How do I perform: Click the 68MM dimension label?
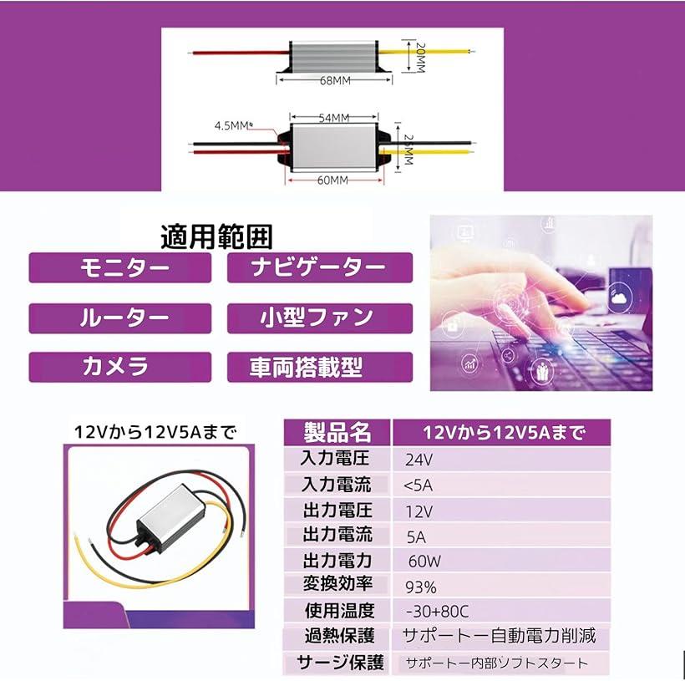point(335,81)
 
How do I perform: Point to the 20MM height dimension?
point(420,58)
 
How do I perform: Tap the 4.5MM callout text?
point(231,126)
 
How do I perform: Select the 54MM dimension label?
point(334,118)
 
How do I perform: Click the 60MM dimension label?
point(332,180)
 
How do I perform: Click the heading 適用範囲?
point(216,237)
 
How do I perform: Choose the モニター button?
point(120,267)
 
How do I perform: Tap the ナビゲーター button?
point(320,267)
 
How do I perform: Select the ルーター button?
point(120,318)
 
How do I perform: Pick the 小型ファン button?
point(320,318)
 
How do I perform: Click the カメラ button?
point(120,367)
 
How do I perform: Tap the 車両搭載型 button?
point(320,367)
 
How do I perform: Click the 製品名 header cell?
point(337,433)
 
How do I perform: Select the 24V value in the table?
point(419,460)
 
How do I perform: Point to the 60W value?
point(424,562)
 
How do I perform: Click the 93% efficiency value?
point(421,587)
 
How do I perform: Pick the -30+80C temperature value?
point(437,612)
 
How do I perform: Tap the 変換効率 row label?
point(337,584)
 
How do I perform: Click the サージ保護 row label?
point(340,663)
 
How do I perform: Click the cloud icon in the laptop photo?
point(619,298)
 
